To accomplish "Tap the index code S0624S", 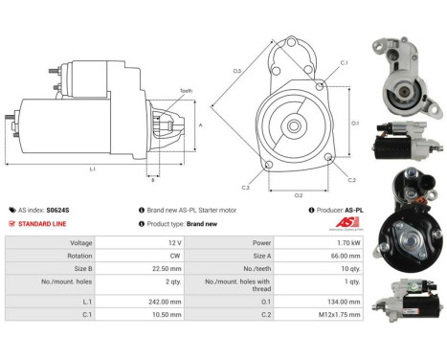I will point(62,209).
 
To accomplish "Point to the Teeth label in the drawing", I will point(186,91).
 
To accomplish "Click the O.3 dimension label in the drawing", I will point(236,72).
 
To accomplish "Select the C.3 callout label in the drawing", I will point(246,188).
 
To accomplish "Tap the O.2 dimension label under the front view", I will point(299,195).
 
